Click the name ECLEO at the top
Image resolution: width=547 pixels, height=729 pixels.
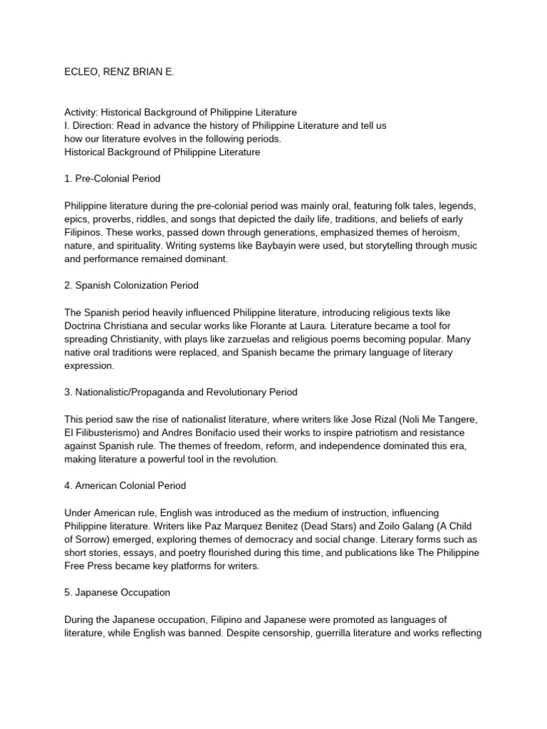[x=82, y=72]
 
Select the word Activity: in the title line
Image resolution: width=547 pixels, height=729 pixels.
[x=81, y=112]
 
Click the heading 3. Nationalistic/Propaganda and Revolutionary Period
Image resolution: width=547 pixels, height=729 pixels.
[x=181, y=392]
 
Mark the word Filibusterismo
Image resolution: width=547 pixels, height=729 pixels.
[x=107, y=433]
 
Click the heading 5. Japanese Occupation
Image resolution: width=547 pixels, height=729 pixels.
[x=117, y=592]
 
